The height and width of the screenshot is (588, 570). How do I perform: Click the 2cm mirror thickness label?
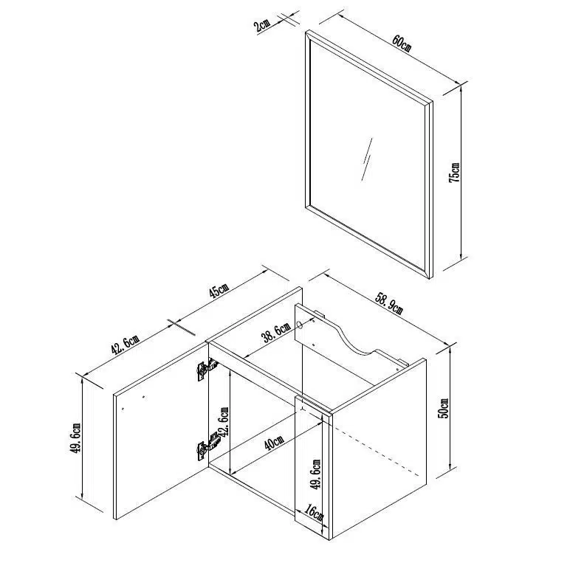261,26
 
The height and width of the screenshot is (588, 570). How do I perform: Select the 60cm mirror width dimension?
402,44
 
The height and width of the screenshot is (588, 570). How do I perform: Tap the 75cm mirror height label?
454,173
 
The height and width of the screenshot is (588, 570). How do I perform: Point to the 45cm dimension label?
219,290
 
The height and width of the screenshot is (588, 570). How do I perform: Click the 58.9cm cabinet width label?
389,302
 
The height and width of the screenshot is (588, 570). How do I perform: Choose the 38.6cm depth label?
277,332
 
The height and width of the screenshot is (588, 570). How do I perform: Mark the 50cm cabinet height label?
443,408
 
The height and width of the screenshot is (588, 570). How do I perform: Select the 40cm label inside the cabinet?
274,443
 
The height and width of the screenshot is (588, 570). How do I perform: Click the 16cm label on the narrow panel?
314,512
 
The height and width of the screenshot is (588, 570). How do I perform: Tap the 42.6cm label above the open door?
126,345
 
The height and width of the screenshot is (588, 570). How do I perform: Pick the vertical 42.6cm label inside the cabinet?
224,422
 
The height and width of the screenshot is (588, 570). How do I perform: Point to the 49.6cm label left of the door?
75,438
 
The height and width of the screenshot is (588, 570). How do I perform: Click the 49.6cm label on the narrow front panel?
316,474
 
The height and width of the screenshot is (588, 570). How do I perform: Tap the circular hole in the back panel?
300,325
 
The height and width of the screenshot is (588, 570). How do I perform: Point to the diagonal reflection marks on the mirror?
367,159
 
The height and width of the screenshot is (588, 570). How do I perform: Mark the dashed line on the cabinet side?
378,444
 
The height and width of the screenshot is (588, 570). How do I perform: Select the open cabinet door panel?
162,431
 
